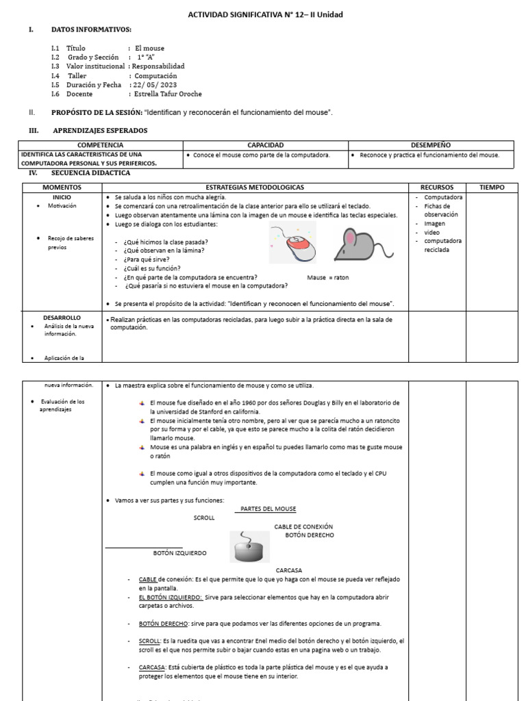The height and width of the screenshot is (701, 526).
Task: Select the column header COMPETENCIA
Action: point(100,145)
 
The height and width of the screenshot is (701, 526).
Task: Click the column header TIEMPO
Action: point(491,187)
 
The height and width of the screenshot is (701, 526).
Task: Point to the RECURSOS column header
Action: point(437,187)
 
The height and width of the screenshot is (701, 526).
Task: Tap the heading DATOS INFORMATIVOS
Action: point(91,29)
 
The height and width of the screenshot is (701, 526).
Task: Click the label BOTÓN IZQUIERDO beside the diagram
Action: point(179,552)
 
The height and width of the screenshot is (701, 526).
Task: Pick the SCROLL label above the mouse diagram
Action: point(204,518)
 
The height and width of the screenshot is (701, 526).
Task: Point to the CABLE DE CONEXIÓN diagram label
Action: point(303,526)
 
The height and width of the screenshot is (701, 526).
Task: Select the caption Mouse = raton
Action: point(328,277)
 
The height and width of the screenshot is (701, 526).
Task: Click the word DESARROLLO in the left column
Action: point(62,318)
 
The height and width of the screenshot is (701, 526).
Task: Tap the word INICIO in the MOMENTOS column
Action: point(62,197)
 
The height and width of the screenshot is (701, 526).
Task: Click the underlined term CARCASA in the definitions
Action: point(149,667)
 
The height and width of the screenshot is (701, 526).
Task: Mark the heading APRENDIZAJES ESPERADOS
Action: point(99,130)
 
